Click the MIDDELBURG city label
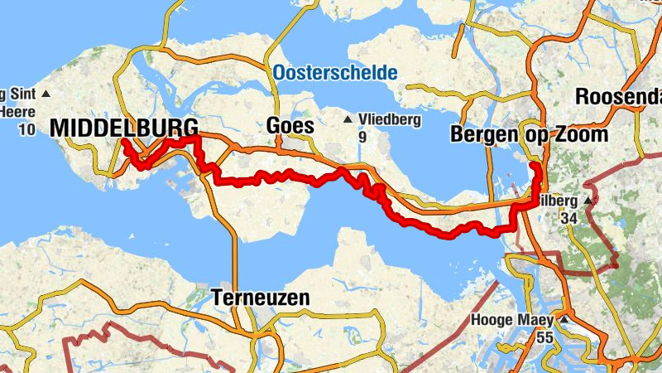[124, 128]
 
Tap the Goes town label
[290, 126]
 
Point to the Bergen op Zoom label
[530, 134]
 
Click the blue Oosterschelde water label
[333, 72]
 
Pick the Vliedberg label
[390, 119]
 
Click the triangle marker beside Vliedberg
[348, 119]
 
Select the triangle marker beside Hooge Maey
[564, 319]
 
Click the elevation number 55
[544, 337]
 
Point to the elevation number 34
[568, 218]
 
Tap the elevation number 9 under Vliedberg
[362, 136]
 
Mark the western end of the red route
[123, 141]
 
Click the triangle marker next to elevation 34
[588, 201]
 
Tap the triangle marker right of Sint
[46, 93]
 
